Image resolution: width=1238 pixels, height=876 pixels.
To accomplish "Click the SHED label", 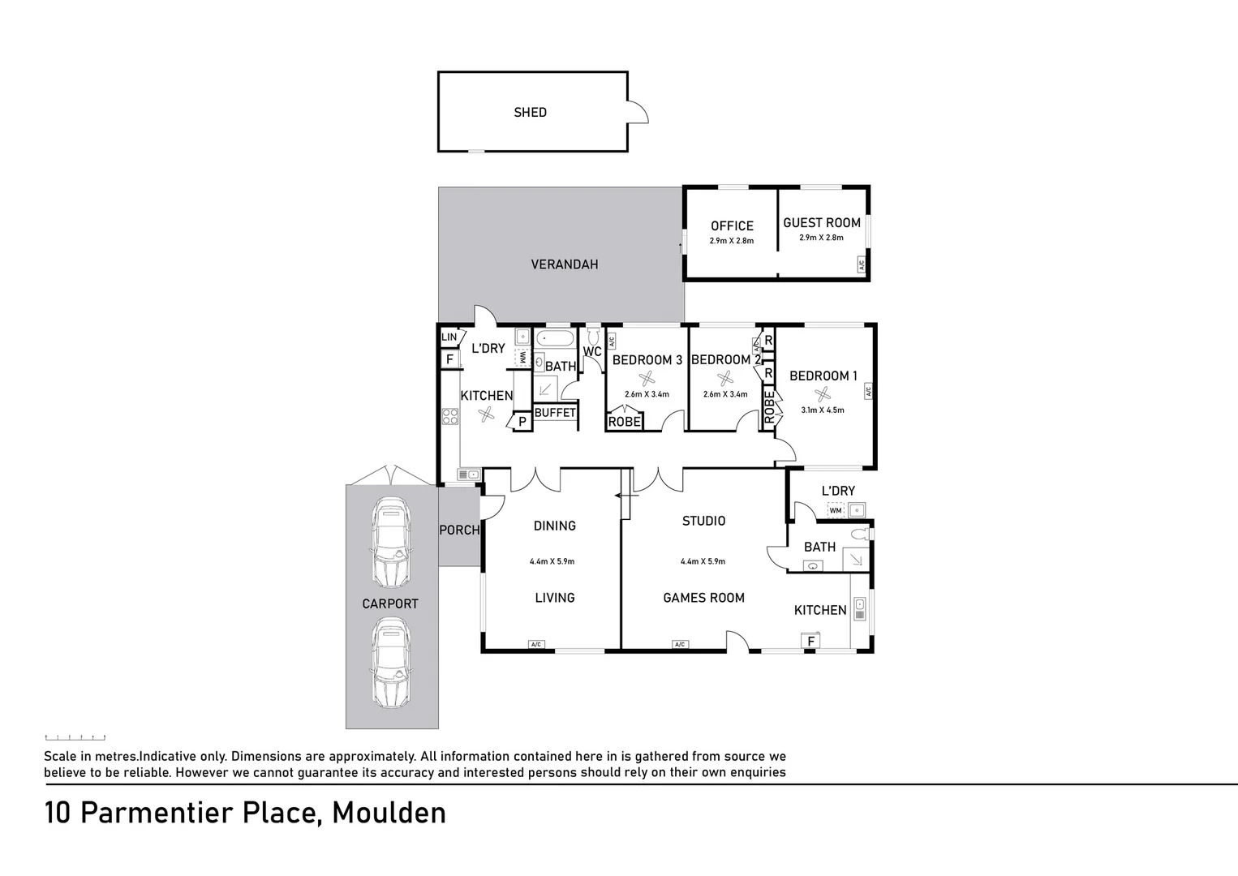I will point(530,113).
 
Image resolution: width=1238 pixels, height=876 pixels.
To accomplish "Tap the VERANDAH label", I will point(565,264).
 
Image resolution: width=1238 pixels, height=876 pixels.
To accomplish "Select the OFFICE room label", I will point(732,226).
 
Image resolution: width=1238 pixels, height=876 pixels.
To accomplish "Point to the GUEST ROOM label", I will point(821,223).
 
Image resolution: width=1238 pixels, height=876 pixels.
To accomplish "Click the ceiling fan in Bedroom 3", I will point(647,379).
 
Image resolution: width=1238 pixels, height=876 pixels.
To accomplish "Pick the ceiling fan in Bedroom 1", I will point(823,394).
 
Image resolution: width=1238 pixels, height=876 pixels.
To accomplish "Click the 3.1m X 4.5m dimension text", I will point(823,410).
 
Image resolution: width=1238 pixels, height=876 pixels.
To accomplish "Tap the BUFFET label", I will point(555,413).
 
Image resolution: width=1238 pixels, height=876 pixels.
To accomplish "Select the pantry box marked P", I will point(522,421).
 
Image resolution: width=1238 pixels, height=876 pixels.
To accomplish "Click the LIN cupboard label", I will point(449,337).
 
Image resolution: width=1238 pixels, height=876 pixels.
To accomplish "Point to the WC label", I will point(592,352).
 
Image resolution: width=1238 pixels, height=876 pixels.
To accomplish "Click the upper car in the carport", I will point(390,542).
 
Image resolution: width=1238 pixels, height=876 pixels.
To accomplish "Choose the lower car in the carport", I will point(390,661).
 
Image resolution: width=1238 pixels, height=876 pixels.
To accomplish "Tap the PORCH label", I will point(459,530).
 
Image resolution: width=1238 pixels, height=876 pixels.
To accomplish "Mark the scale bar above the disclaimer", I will point(75,737).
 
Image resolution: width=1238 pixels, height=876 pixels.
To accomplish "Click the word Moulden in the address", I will point(389,813).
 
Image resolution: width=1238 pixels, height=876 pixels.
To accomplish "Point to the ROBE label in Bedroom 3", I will point(624,422).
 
